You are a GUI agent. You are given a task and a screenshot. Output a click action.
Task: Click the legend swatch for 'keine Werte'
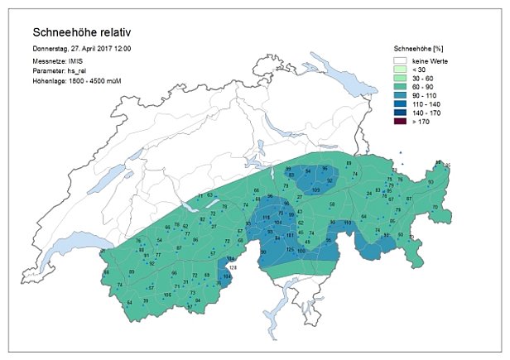[405, 60]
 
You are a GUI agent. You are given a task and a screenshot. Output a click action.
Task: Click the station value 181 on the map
[290, 237]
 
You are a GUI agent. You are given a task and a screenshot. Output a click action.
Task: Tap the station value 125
[290, 249]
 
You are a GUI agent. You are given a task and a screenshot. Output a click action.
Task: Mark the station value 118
[266, 217]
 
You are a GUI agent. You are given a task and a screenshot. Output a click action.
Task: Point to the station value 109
[315, 190]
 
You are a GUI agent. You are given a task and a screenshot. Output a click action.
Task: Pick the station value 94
[308, 171]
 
